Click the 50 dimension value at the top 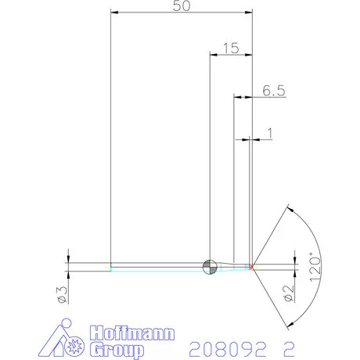(182, 5)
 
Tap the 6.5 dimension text (273, 91)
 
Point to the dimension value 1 (270, 133)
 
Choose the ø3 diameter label (61, 293)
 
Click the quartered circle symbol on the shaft (208, 267)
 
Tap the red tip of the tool (252, 267)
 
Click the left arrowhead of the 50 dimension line (114, 12)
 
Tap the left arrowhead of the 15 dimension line (214, 55)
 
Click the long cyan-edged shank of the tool (157, 267)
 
